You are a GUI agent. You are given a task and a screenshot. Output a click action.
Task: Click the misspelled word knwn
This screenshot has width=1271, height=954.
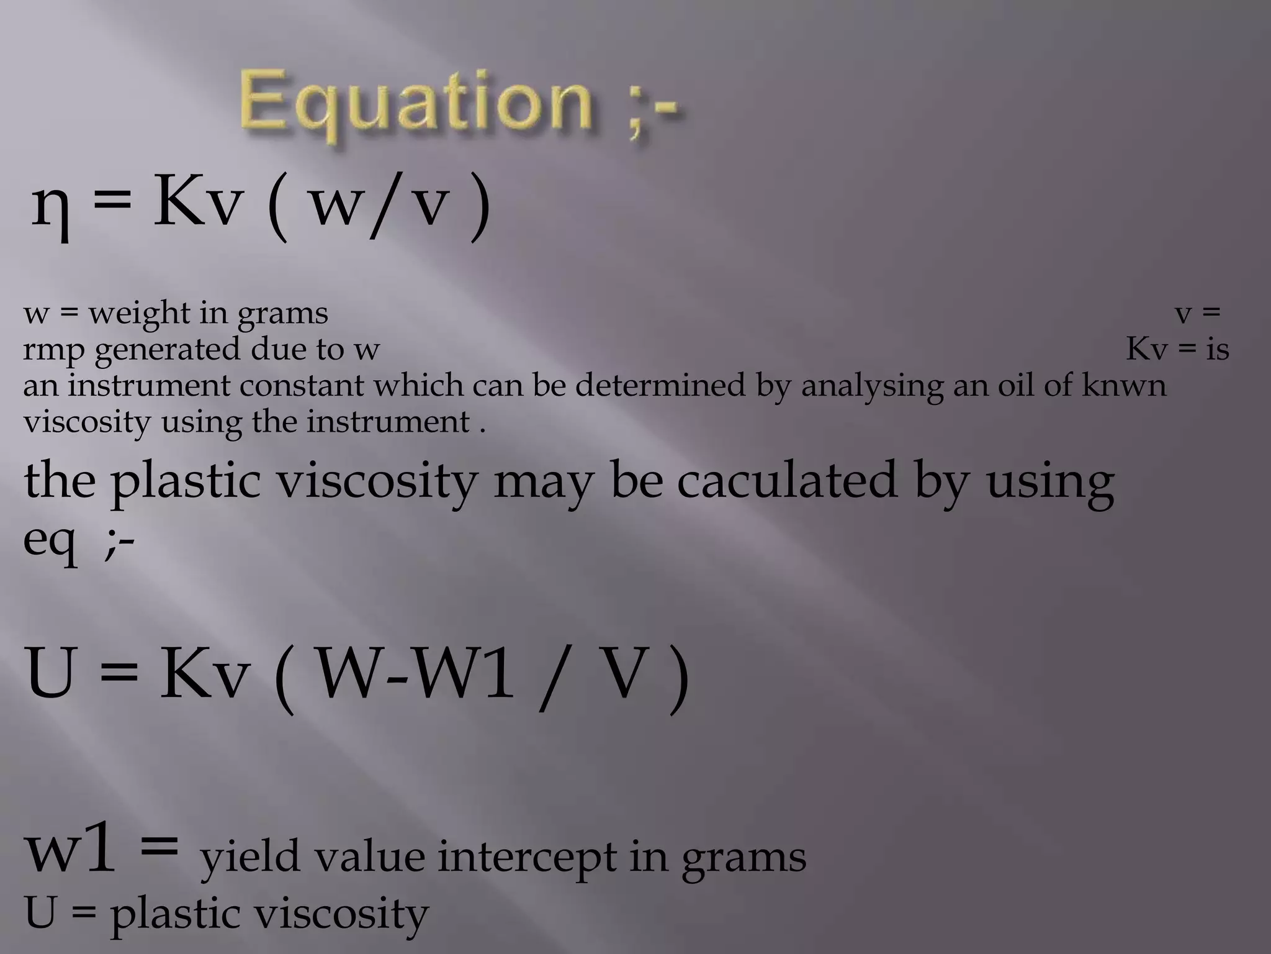pyautogui.click(x=1124, y=386)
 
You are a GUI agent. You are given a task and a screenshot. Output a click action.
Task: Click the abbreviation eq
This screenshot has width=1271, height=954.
pyautogui.click(x=50, y=539)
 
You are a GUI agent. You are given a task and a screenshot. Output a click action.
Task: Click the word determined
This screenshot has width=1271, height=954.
pyautogui.click(x=660, y=386)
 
